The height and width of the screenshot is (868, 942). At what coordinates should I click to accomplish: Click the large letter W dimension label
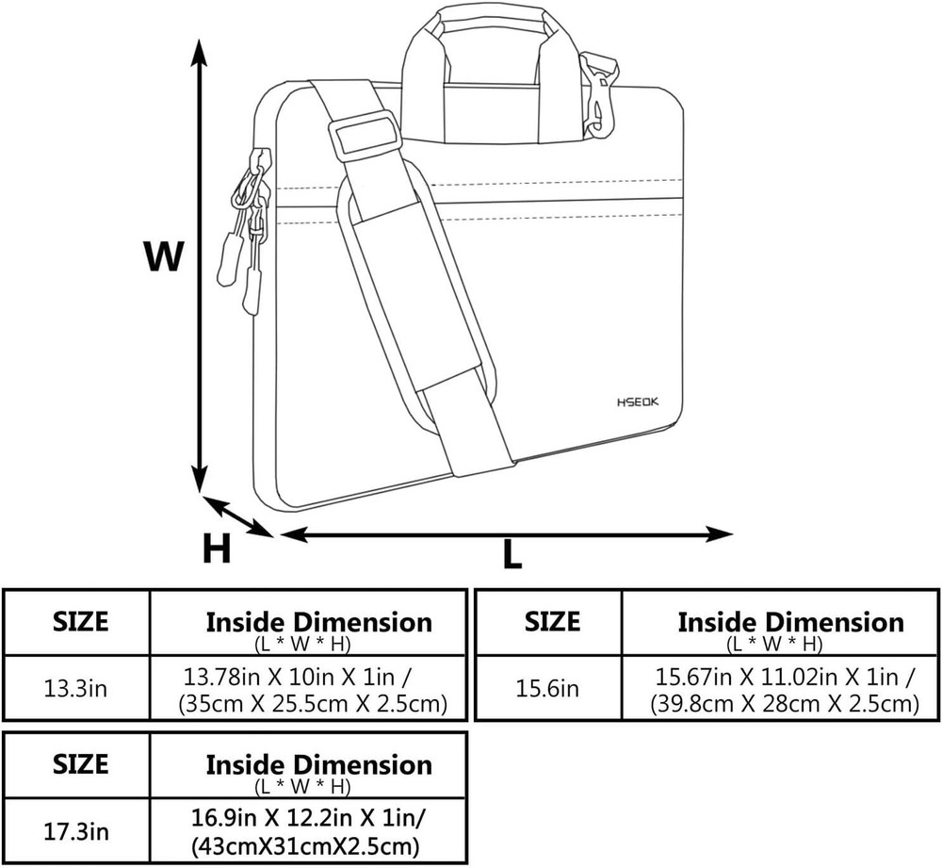(x=163, y=255)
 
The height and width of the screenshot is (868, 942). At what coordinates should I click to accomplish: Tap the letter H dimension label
(x=217, y=549)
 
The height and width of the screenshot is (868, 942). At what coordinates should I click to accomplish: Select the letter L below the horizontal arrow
(x=512, y=555)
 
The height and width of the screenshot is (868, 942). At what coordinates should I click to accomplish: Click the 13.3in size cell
(x=75, y=688)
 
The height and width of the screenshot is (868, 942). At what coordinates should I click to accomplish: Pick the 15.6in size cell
(x=547, y=689)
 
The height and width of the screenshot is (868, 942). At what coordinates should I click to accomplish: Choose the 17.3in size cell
(x=75, y=832)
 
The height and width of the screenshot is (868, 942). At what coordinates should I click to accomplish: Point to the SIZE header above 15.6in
(x=552, y=622)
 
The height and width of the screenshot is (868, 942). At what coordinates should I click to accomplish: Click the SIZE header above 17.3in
(x=80, y=763)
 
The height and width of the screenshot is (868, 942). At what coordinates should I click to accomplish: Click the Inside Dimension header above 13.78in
(x=318, y=623)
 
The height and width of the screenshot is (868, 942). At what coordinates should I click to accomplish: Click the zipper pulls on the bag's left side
(x=244, y=226)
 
